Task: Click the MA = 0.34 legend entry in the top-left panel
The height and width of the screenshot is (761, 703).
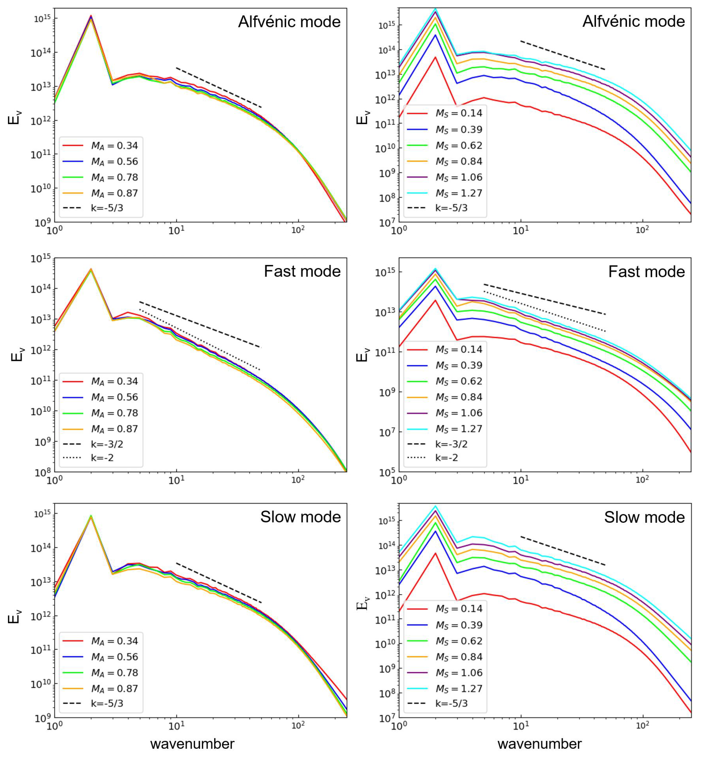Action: [x=101, y=145]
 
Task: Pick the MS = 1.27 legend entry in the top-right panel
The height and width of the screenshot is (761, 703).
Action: [x=445, y=193]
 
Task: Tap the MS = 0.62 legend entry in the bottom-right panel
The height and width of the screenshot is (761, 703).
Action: [x=445, y=641]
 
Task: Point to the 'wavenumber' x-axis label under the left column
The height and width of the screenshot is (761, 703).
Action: [x=192, y=744]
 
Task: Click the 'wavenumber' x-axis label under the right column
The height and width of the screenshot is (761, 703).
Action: [x=539, y=744]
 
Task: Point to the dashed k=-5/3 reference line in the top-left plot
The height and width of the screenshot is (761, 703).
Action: [x=219, y=87]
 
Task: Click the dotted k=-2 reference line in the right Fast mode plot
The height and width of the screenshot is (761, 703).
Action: [x=544, y=311]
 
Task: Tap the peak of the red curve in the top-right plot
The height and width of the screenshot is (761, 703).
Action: [x=436, y=57]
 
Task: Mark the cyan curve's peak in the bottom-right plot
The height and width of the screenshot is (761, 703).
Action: [x=436, y=506]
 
